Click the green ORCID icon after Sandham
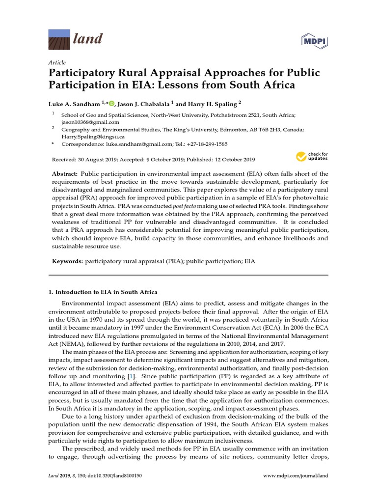click(111, 104)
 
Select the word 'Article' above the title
click(57, 62)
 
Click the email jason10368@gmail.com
click(90, 122)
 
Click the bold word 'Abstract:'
click(65, 174)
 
